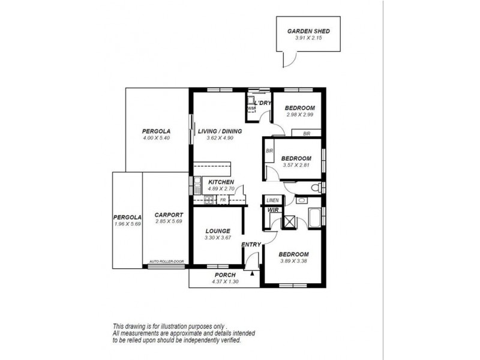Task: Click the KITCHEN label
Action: coord(221,182)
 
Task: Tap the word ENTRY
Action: coord(250,245)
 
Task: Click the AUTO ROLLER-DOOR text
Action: coord(166,262)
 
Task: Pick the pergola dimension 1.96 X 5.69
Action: coord(127,223)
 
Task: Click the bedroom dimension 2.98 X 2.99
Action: coord(299,115)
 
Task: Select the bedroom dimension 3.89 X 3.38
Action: coord(294,261)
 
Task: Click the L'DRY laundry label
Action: coord(263,103)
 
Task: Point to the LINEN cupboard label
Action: coord(272,200)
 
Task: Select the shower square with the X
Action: coord(289,221)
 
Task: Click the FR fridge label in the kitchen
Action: coord(223,200)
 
